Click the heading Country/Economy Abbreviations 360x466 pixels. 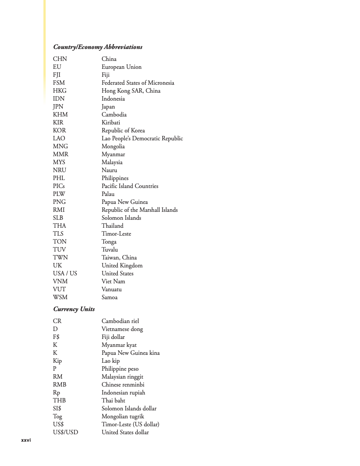97,47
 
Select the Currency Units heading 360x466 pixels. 74,309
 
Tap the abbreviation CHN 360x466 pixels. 60,59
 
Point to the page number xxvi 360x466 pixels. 26,440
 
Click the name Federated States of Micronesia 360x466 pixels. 138,83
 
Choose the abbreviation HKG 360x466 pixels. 60,91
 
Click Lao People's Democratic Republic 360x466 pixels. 142,139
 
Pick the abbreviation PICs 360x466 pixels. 59,186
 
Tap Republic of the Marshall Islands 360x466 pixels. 139,210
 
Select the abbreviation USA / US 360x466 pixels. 65,274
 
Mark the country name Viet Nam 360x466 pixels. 113,282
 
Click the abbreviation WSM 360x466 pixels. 60,297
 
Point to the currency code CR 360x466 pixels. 57,321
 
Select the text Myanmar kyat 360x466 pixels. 119,345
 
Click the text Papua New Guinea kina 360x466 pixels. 131,353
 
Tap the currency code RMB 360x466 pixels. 60,385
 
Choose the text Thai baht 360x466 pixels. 113,401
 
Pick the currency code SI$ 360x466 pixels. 57,409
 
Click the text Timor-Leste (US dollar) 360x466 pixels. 130,425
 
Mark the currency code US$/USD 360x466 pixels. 65,432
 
